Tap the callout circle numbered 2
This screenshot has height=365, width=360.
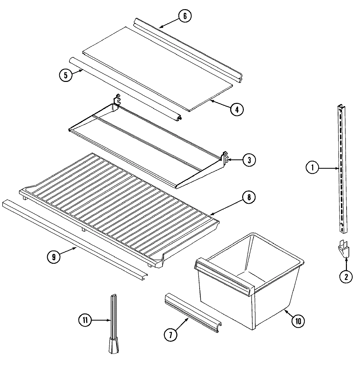pos(346,277)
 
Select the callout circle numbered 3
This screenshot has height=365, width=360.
pos(249,160)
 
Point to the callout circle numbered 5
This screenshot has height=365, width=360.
pos(65,75)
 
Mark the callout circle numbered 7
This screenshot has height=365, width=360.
pos(170,335)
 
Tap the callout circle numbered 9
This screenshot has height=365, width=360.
pos(53,257)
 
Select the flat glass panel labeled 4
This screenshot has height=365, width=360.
pos(157,67)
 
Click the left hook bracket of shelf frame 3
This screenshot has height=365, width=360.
pos(117,100)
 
